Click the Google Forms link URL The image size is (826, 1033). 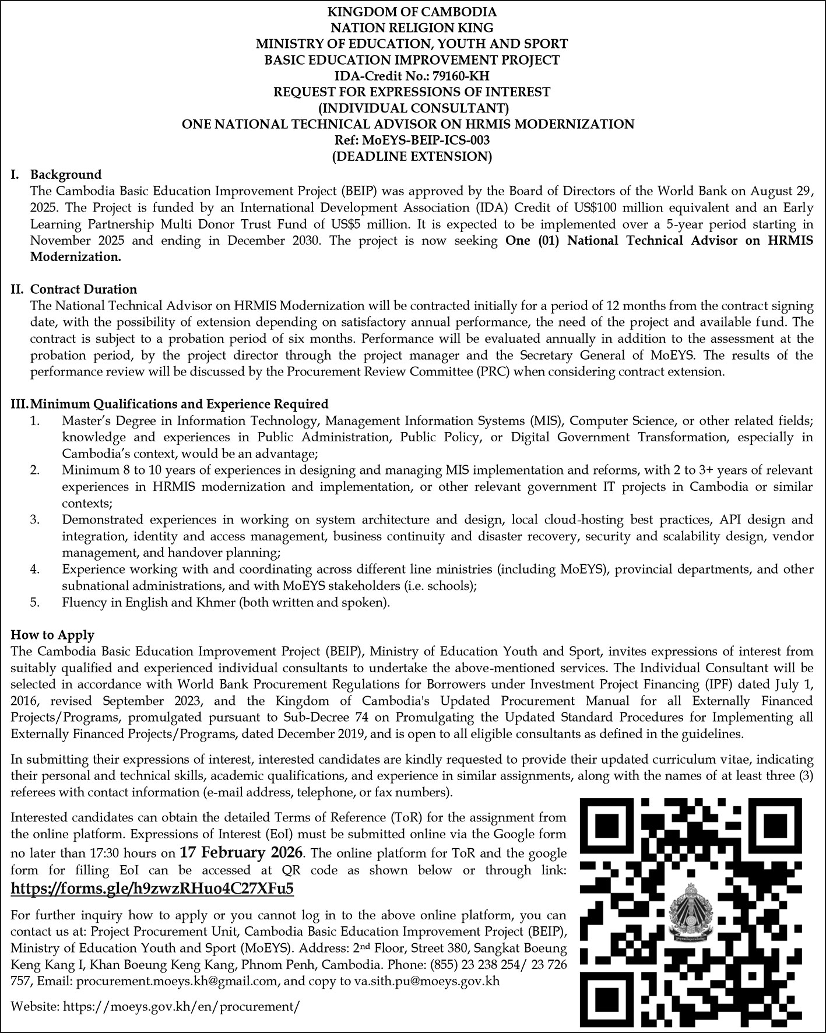pyautogui.click(x=152, y=888)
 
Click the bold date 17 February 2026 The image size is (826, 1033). pyautogui.click(x=241, y=852)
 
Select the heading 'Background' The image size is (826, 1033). pyautogui.click(x=66, y=174)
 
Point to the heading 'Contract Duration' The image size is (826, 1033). pyautogui.click(x=83, y=289)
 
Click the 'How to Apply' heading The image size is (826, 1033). pyautogui.click(x=52, y=634)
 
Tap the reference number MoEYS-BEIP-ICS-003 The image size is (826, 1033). pyautogui.click(x=428, y=140)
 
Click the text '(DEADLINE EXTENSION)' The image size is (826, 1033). pyautogui.click(x=413, y=156)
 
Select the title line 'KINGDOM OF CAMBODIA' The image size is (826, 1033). pyautogui.click(x=413, y=11)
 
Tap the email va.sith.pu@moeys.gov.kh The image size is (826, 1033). pyautogui.click(x=427, y=981)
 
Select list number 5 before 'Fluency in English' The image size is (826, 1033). pyautogui.click(x=35, y=602)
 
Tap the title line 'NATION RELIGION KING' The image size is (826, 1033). pyautogui.click(x=413, y=27)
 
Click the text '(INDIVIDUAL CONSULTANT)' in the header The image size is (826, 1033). pyautogui.click(x=413, y=108)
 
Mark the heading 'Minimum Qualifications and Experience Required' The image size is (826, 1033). pyautogui.click(x=179, y=404)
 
